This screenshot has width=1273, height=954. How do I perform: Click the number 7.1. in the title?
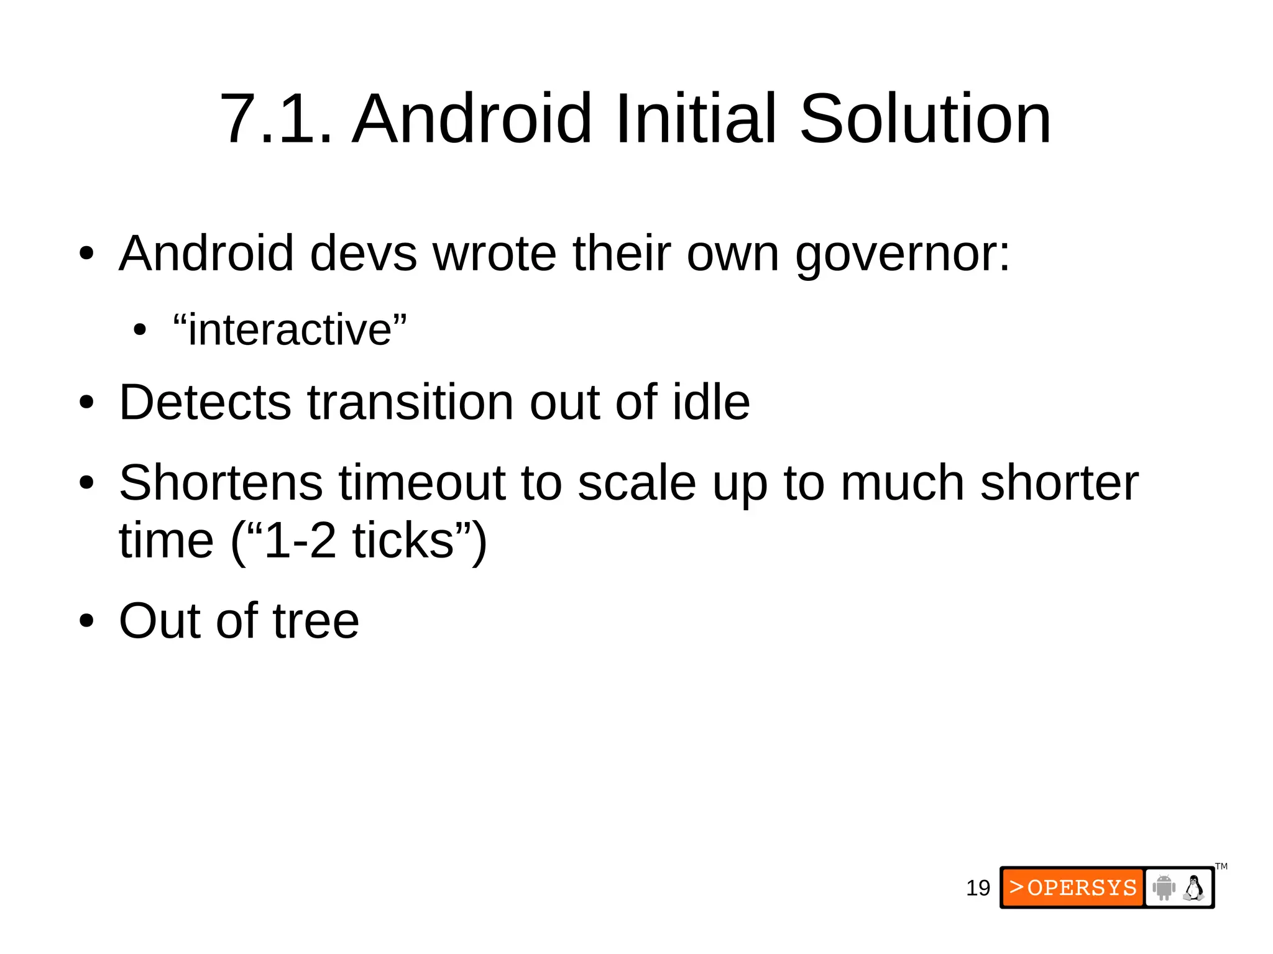[x=276, y=119]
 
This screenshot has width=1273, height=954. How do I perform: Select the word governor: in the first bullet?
[x=903, y=255]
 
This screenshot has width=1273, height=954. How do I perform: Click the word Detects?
[x=205, y=403]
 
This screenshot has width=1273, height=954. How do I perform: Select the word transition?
[x=410, y=403]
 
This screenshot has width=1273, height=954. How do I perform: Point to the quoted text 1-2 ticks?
[x=359, y=541]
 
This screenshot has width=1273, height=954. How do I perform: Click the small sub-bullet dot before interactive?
[x=140, y=331]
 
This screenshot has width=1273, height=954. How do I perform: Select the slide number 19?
[x=978, y=888]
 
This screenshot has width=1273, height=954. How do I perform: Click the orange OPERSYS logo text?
[x=1073, y=887]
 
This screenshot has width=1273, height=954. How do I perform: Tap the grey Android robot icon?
[x=1164, y=887]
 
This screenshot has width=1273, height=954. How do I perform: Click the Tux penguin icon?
[x=1193, y=887]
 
